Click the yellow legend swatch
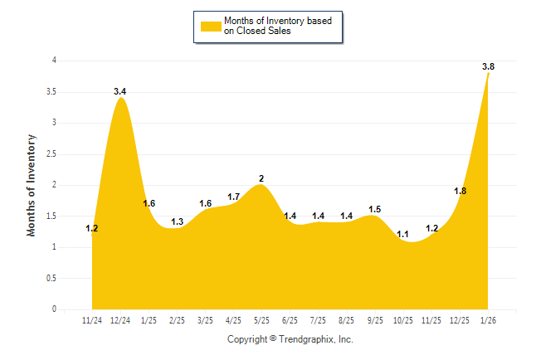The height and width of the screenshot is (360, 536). (210, 26)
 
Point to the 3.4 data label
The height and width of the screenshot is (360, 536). (120, 91)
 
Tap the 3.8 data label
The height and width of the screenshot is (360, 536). (489, 66)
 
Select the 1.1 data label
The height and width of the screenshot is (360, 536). (403, 235)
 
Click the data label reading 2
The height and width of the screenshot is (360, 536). (261, 178)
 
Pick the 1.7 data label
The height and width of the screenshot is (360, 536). (233, 197)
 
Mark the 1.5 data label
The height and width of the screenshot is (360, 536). (374, 210)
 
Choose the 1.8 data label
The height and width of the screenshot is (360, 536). (460, 191)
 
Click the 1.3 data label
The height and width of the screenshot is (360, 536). (178, 222)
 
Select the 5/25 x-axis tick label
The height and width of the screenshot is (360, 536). (261, 320)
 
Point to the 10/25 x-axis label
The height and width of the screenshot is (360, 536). (403, 320)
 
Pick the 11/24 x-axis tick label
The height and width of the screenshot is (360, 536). (93, 320)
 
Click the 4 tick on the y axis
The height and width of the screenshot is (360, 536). (55, 61)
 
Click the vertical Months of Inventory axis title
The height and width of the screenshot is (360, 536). (32, 185)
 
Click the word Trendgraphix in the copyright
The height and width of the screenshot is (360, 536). (305, 340)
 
